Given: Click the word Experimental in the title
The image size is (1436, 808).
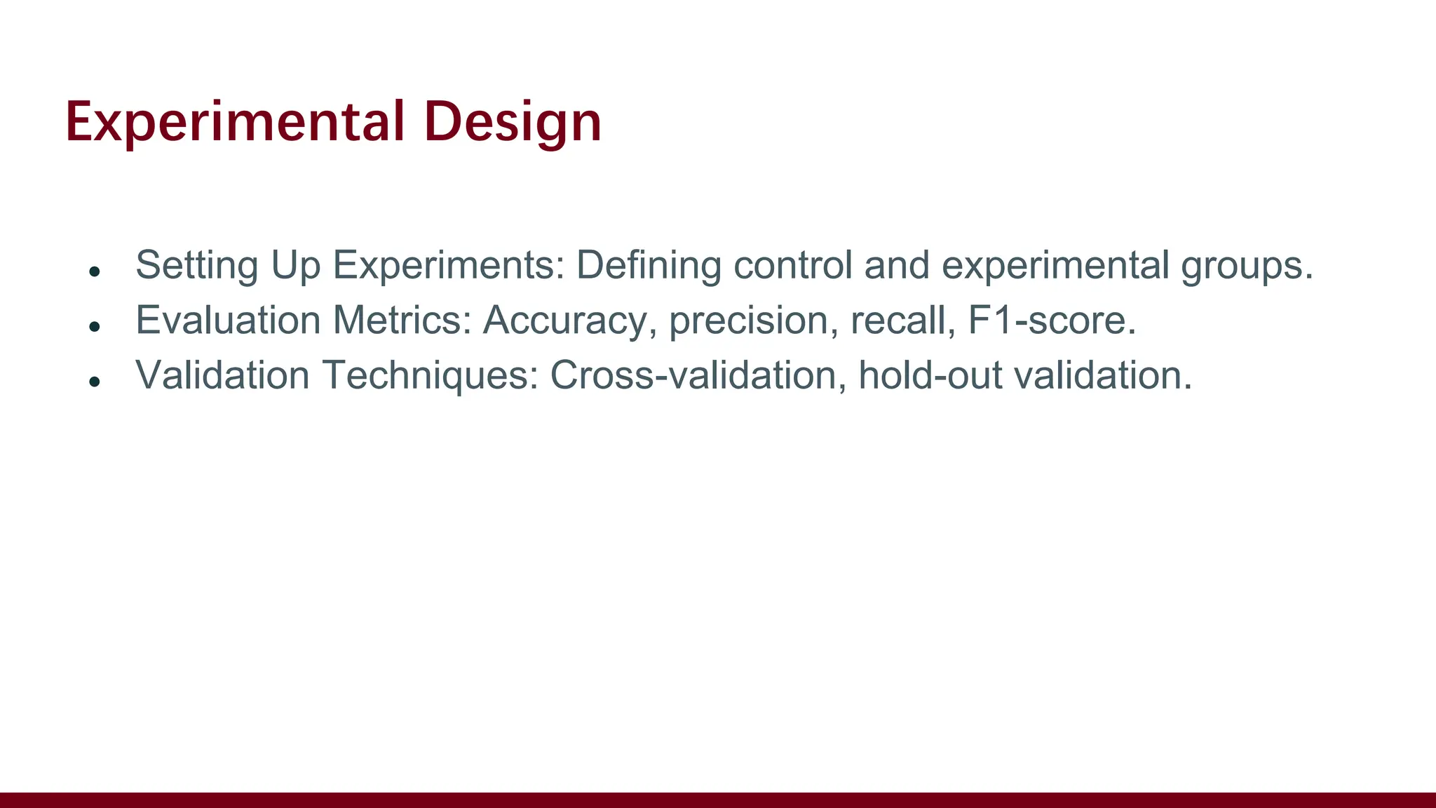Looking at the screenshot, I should [x=235, y=122].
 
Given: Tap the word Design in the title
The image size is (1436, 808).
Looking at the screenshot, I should [x=513, y=122].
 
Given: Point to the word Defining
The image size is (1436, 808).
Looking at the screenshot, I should [x=649, y=266].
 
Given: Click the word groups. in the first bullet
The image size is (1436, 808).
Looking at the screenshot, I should [x=1247, y=266].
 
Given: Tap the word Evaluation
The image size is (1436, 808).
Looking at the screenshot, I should [x=228, y=321].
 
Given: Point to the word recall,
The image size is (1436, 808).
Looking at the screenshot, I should [x=903, y=321].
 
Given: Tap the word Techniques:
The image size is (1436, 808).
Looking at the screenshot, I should [x=431, y=375].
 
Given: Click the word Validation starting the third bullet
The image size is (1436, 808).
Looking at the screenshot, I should [x=222, y=375].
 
